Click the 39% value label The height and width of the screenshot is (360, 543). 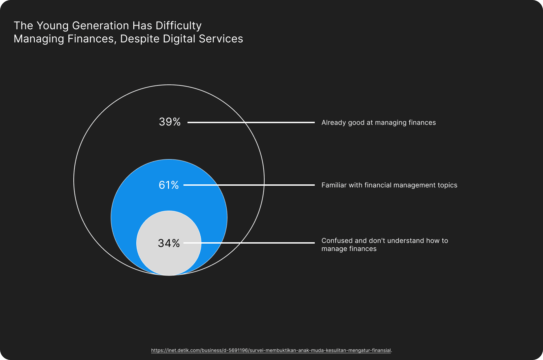170,122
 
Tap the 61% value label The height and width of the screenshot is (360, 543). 169,185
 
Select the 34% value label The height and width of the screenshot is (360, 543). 169,243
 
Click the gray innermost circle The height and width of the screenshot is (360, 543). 169,243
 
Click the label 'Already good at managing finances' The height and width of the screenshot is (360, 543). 378,122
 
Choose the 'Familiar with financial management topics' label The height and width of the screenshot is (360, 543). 389,185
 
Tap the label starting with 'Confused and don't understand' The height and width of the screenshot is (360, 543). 385,245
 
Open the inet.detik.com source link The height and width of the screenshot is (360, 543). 271,350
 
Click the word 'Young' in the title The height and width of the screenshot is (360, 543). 53,26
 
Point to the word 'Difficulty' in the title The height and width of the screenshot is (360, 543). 178,26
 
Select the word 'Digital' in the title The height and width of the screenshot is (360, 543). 179,39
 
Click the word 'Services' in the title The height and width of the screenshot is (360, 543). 221,39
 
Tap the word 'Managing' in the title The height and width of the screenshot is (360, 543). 39,39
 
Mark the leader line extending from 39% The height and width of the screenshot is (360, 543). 251,122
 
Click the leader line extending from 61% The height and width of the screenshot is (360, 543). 249,185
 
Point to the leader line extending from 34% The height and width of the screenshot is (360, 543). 249,243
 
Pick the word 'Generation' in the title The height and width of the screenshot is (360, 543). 101,26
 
